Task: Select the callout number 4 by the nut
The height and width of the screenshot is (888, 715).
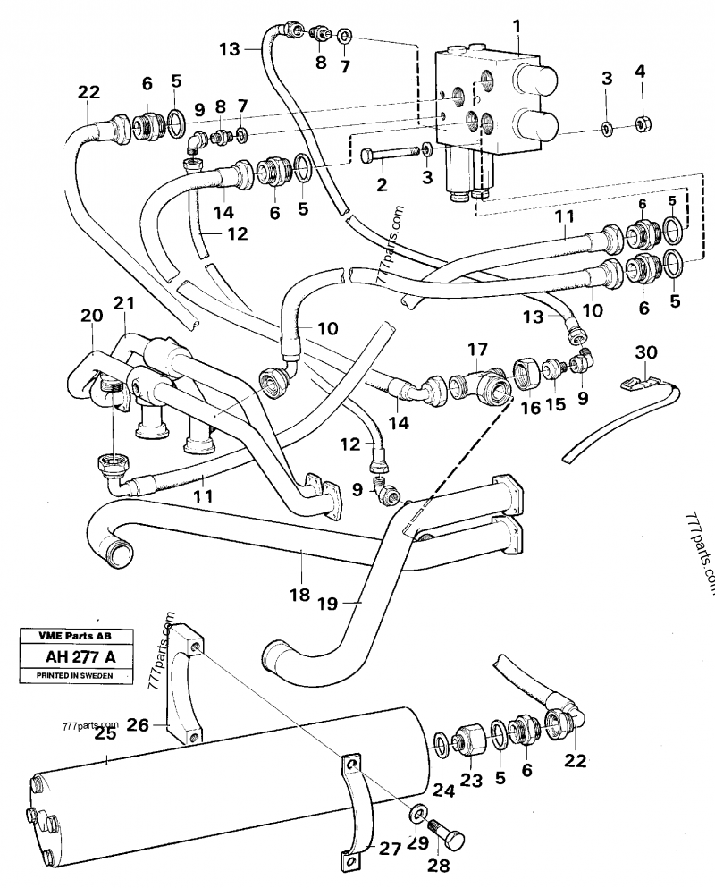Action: [640, 72]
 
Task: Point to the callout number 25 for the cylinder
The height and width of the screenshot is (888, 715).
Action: [105, 734]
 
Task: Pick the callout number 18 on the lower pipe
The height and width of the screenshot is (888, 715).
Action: [301, 593]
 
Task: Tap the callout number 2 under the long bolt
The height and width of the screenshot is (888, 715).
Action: [383, 185]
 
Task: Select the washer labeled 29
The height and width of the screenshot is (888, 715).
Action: [417, 814]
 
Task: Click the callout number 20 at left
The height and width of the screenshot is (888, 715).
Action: [92, 316]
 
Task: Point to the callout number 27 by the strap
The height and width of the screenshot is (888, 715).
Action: [388, 849]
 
